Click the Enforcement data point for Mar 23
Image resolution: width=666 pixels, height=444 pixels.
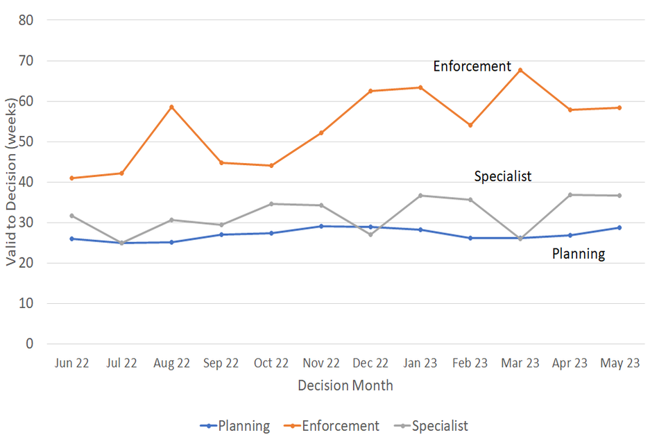pos(520,70)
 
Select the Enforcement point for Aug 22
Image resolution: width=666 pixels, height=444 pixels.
pos(171,107)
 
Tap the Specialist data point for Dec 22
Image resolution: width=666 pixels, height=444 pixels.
pos(370,234)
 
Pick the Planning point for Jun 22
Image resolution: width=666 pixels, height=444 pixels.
pos(71,239)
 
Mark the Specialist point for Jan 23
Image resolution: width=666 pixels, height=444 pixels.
pos(420,196)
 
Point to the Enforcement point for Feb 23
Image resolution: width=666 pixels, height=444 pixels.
pos(470,126)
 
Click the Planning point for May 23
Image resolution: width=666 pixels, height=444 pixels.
pos(620,228)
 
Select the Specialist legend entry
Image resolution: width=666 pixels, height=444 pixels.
pos(432,426)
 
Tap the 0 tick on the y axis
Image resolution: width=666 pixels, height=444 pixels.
pos(29,344)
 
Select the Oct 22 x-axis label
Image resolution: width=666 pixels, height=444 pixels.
pos(271,364)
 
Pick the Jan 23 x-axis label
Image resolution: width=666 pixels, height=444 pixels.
pos(420,364)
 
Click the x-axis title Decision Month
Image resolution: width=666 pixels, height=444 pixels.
pos(345,386)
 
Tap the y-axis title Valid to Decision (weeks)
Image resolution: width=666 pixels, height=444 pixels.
pos(11,182)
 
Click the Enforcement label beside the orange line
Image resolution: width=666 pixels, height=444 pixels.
pos(472,67)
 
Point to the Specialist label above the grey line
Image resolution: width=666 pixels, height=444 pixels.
pos(502,176)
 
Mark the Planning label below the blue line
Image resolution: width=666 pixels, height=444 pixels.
pos(578,254)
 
